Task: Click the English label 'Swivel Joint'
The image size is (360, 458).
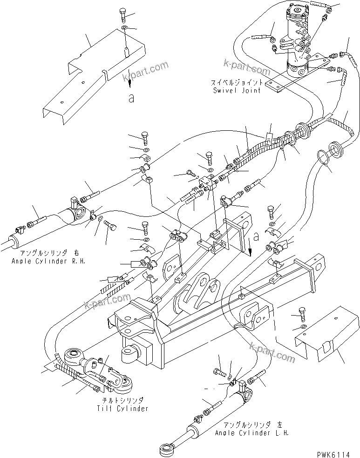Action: pos(237,90)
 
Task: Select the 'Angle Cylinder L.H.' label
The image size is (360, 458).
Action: pos(252,432)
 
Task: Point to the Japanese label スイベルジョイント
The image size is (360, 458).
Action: pos(235,83)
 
